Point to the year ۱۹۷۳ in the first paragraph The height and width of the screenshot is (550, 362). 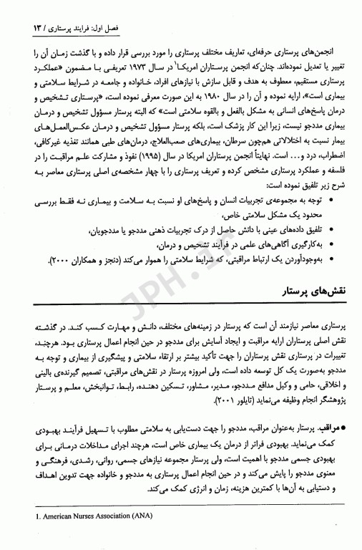[169, 75]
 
